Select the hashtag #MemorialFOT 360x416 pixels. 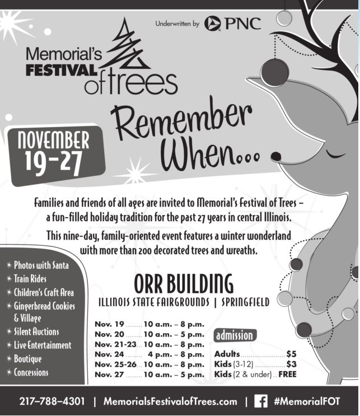click(x=307, y=401)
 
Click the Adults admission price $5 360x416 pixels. click(x=291, y=354)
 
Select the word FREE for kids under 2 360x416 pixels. click(x=287, y=374)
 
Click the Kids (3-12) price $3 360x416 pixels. click(x=291, y=364)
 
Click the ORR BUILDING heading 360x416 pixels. click(x=183, y=283)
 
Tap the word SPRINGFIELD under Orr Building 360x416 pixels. click(x=245, y=302)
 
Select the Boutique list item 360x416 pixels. click(x=27, y=359)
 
